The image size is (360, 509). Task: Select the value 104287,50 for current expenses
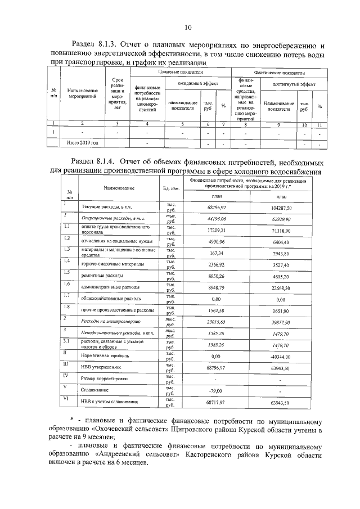click(x=280, y=209)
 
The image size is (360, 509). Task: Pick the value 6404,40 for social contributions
click(x=280, y=241)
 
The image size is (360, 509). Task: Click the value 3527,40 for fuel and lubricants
click(x=280, y=264)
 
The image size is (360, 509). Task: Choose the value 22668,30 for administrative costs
click(x=280, y=288)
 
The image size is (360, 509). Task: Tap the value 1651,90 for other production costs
click(x=280, y=310)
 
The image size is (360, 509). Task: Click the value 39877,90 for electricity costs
click(x=280, y=322)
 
